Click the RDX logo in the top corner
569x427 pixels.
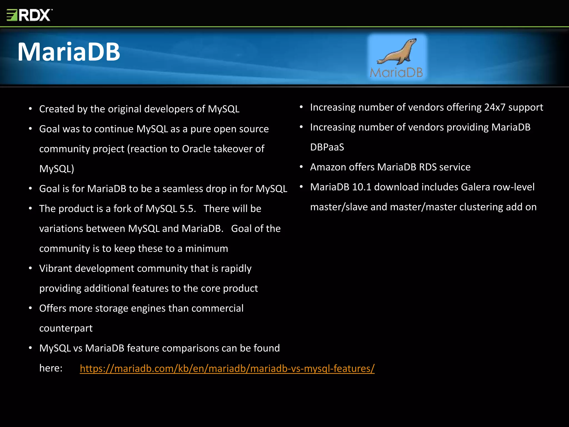click(x=29, y=15)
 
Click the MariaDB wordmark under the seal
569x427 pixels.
click(x=396, y=73)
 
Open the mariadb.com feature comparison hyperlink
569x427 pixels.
click(x=227, y=368)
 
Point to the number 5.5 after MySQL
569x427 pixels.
click(x=187, y=209)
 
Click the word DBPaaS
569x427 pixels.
click(x=327, y=147)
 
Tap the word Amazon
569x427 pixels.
click(x=328, y=167)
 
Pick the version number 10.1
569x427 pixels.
click(x=361, y=187)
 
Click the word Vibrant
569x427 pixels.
click(x=56, y=269)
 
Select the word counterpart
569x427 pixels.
click(x=66, y=328)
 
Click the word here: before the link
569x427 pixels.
click(x=51, y=368)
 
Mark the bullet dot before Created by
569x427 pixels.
click(x=30, y=109)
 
